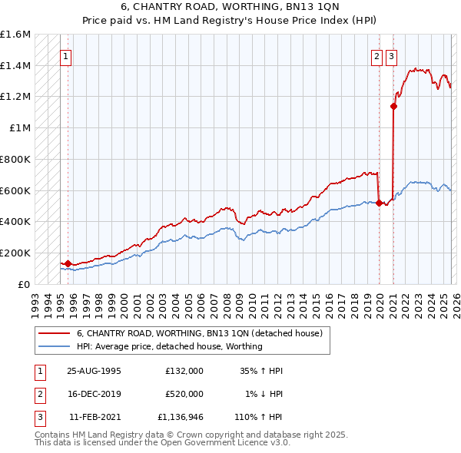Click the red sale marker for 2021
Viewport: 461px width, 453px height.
click(x=393, y=107)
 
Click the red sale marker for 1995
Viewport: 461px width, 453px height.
click(x=68, y=263)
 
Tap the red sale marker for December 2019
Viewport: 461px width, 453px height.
click(x=379, y=203)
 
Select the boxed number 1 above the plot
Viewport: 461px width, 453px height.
click(x=67, y=55)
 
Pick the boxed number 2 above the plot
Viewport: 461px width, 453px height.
click(x=377, y=55)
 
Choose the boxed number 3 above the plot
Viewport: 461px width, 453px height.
click(x=392, y=55)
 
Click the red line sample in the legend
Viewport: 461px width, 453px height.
click(x=55, y=333)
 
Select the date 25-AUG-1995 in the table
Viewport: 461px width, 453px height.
click(x=94, y=371)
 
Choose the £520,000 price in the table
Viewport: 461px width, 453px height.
click(x=184, y=395)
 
